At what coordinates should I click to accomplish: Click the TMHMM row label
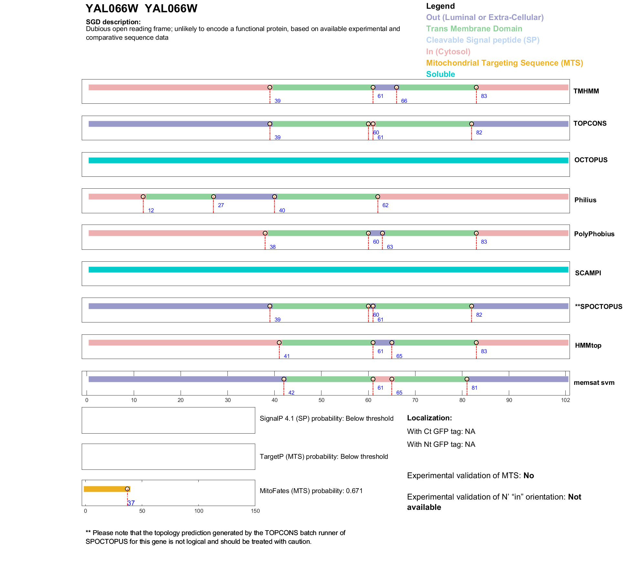point(586,91)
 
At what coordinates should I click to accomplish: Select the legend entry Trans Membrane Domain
point(474,29)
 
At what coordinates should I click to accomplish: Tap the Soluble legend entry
point(440,74)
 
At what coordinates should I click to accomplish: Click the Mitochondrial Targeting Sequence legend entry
point(504,63)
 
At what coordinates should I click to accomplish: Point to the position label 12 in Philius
point(151,210)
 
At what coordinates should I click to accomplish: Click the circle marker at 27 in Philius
point(213,197)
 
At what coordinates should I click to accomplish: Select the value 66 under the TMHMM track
point(404,101)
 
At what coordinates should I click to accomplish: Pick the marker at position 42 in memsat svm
point(284,379)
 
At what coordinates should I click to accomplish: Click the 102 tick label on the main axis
point(565,400)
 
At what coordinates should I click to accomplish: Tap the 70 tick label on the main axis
point(415,400)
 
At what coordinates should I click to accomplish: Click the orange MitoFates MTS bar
point(105,489)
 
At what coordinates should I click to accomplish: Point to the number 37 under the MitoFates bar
point(131,503)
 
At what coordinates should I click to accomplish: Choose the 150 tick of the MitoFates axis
point(255,511)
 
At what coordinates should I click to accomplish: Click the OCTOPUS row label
point(591,160)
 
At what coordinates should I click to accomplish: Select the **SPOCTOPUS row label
point(598,307)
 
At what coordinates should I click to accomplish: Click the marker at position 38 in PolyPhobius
point(265,233)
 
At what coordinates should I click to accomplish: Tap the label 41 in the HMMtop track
point(287,356)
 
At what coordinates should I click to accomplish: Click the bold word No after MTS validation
point(529,476)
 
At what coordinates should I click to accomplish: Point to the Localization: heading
point(429,418)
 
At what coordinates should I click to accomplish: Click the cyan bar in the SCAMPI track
point(328,269)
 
